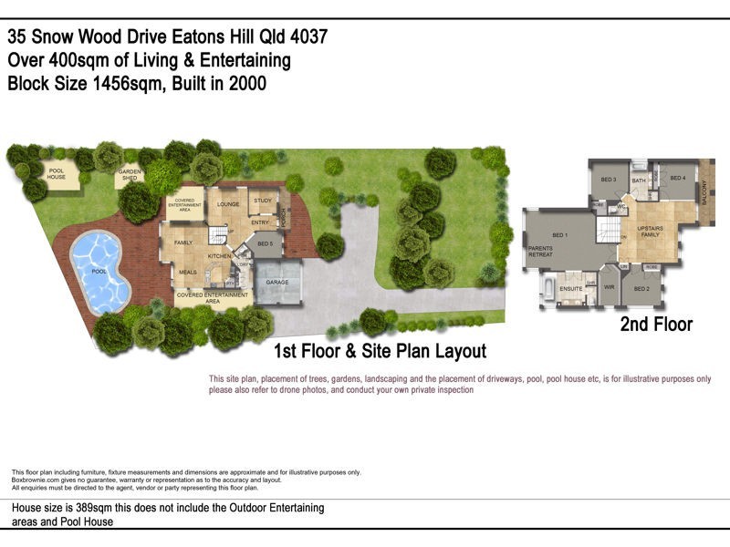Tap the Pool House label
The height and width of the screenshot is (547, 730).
[57, 173]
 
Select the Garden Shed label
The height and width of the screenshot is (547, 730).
[129, 177]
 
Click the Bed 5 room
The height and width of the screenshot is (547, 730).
[265, 243]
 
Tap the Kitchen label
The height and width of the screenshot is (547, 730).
[219, 256]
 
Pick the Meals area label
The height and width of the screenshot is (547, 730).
[188, 272]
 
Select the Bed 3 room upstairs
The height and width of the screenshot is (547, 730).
[608, 181]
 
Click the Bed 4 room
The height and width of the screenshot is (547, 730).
[677, 180]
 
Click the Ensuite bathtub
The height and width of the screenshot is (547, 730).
[547, 291]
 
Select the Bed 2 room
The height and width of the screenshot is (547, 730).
[642, 288]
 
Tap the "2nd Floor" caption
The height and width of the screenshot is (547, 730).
[656, 324]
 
